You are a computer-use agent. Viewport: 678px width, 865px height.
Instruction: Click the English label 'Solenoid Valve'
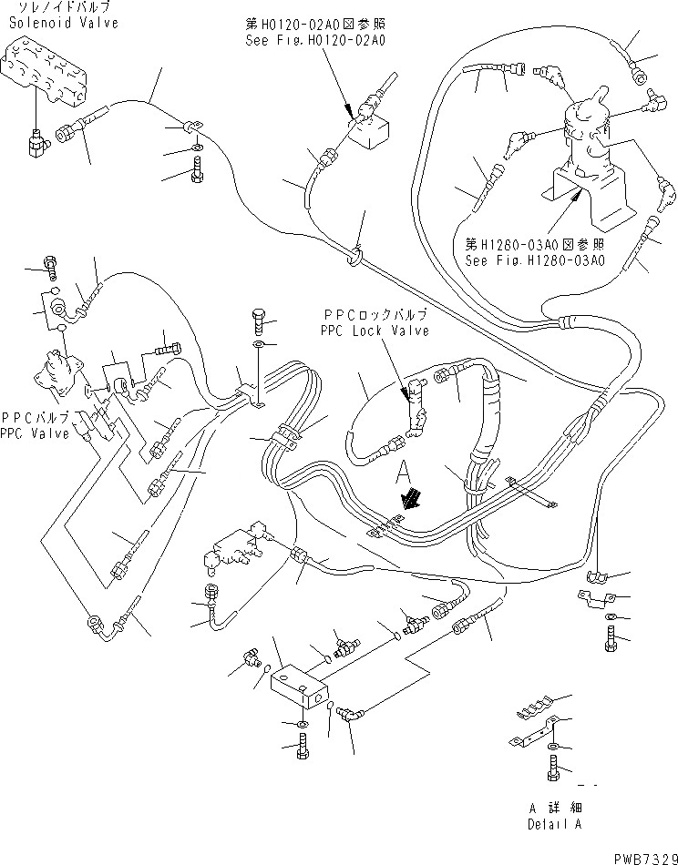pos(63,23)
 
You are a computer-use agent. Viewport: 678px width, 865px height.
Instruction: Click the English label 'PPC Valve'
pos(35,433)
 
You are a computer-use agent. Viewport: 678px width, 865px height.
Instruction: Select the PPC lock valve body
pos(416,406)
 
